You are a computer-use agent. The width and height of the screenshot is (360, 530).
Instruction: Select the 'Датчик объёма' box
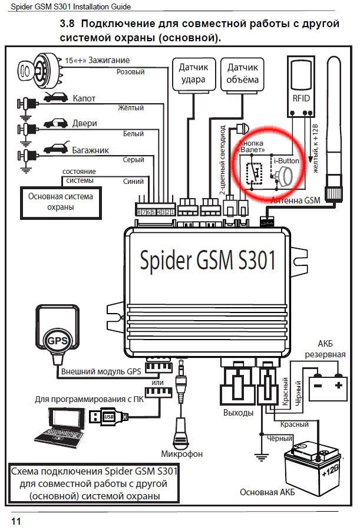[242, 73]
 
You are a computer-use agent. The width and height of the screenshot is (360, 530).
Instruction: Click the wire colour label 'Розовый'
[131, 72]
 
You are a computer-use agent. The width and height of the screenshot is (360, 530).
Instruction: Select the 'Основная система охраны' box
[61, 202]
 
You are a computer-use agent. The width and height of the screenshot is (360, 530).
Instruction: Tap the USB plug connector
[109, 416]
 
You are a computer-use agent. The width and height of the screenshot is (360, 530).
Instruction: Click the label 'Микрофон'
[181, 454]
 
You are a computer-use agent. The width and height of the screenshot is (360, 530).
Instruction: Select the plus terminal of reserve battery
[338, 385]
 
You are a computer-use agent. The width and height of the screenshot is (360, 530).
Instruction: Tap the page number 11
[16, 521]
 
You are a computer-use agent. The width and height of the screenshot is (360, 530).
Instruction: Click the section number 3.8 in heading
[68, 25]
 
